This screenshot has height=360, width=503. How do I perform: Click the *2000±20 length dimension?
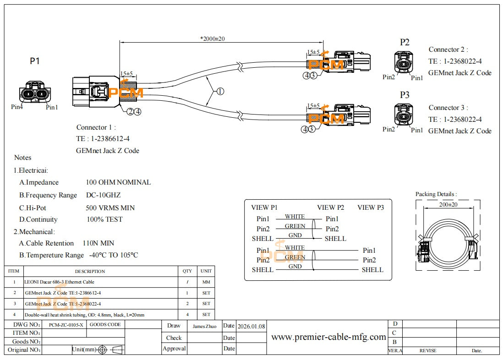point(213,38)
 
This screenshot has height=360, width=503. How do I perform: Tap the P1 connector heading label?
point(35,61)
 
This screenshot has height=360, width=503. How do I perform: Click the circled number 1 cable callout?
point(220,91)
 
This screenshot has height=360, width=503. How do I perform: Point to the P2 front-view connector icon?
point(403,63)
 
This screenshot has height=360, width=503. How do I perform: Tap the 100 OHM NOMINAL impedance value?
point(118,182)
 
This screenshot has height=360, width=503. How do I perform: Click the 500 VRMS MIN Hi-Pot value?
point(110,208)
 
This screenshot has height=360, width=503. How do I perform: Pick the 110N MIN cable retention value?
point(98,243)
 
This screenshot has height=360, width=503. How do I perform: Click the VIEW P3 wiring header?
point(371,207)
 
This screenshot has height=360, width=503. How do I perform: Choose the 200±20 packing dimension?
point(448,205)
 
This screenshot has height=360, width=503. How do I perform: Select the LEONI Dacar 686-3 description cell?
point(60,282)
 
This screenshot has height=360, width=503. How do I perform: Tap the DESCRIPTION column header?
point(90,271)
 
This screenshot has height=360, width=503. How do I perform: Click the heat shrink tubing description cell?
point(85,315)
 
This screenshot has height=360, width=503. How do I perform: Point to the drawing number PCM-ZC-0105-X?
point(66,325)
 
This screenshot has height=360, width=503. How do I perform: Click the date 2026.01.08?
point(251,327)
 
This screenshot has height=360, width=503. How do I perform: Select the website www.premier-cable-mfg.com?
point(328,337)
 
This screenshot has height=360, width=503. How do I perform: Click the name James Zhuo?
point(204,327)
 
